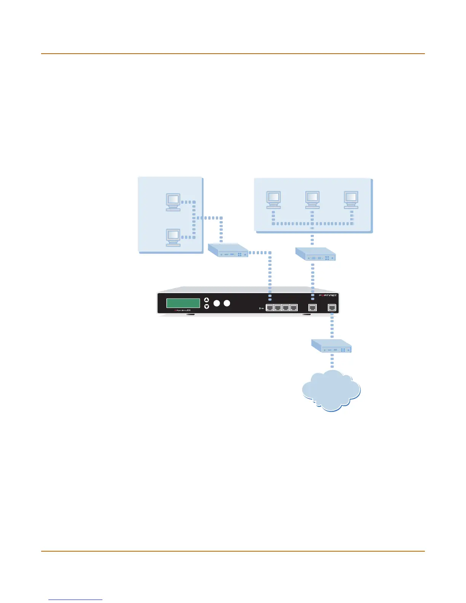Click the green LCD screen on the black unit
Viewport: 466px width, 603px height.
(x=183, y=303)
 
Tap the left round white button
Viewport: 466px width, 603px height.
(x=217, y=303)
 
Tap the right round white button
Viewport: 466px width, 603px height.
(x=227, y=303)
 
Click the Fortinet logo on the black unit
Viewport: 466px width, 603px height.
(x=327, y=296)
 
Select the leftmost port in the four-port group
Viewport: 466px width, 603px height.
(x=270, y=308)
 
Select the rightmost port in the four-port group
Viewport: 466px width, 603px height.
(x=294, y=308)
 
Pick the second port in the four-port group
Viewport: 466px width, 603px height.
(x=278, y=308)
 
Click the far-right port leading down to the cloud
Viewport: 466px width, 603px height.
(x=332, y=308)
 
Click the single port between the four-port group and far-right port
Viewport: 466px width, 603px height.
(x=313, y=308)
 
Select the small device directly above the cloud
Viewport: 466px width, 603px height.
(x=331, y=346)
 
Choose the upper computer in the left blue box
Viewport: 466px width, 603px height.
(x=173, y=202)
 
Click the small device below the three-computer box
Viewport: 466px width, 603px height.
(x=316, y=254)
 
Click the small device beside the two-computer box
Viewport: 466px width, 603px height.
(x=228, y=250)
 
